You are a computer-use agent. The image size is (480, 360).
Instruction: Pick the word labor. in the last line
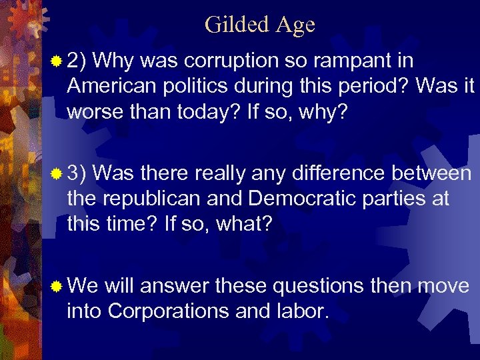click(x=305, y=311)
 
